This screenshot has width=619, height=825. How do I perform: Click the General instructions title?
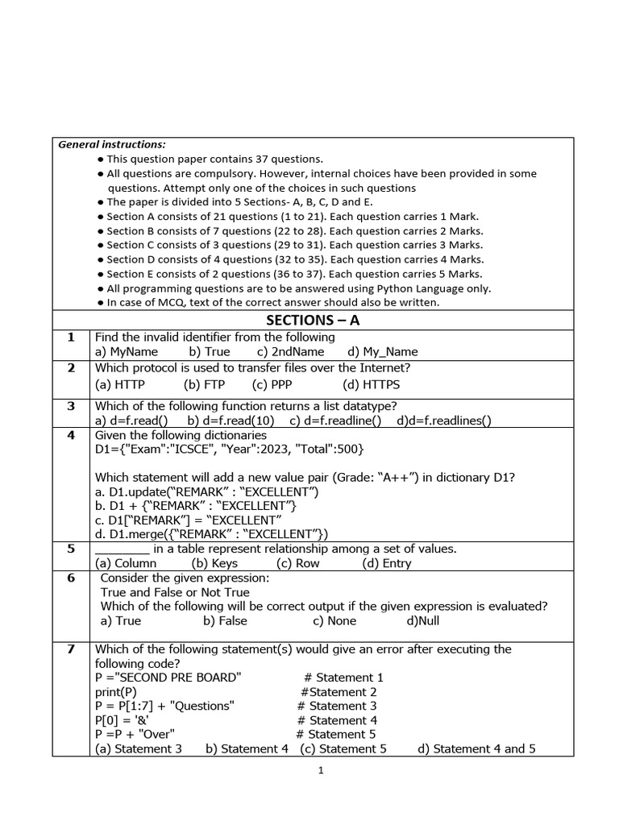tap(111, 145)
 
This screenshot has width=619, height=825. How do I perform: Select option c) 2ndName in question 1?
tap(290, 351)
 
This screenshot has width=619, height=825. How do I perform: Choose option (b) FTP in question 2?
tap(203, 385)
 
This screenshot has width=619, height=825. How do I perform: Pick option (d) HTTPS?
tap(371, 385)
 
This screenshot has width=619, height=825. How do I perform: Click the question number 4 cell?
tap(71, 435)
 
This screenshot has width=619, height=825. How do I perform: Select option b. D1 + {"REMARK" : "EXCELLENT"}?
tap(196, 505)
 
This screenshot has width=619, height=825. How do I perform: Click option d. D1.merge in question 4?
tap(211, 533)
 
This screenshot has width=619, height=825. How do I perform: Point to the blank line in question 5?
tap(122, 549)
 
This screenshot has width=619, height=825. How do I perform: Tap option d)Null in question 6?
tap(423, 620)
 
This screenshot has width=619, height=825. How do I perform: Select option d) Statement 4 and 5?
tap(476, 748)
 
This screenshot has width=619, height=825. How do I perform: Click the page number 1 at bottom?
tap(321, 771)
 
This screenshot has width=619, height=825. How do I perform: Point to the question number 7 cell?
tap(71, 649)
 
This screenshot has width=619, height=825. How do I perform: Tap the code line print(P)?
tap(116, 692)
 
